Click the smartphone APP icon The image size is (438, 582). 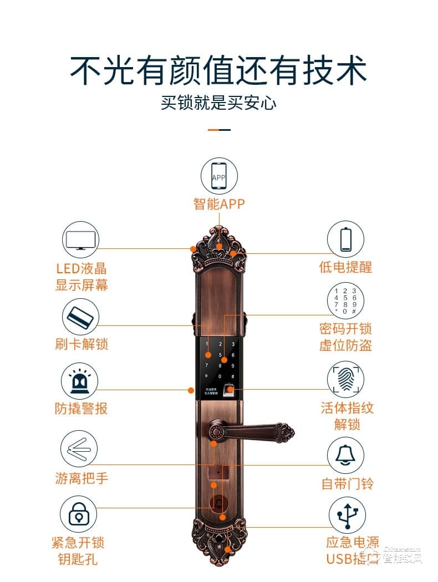pyautogui.click(x=219, y=177)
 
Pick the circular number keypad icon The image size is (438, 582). pyautogui.click(x=345, y=301)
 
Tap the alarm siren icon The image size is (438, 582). pyautogui.click(x=80, y=381)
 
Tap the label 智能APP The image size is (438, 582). pyautogui.click(x=219, y=204)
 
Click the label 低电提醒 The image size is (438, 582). pyautogui.click(x=345, y=268)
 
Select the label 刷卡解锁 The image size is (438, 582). pyautogui.click(x=82, y=344)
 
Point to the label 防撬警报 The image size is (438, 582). pyautogui.click(x=81, y=409)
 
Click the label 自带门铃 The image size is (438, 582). pyautogui.click(x=348, y=483)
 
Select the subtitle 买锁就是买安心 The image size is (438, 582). pyautogui.click(x=219, y=103)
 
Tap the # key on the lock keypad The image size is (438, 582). pyautogui.click(x=233, y=376)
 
